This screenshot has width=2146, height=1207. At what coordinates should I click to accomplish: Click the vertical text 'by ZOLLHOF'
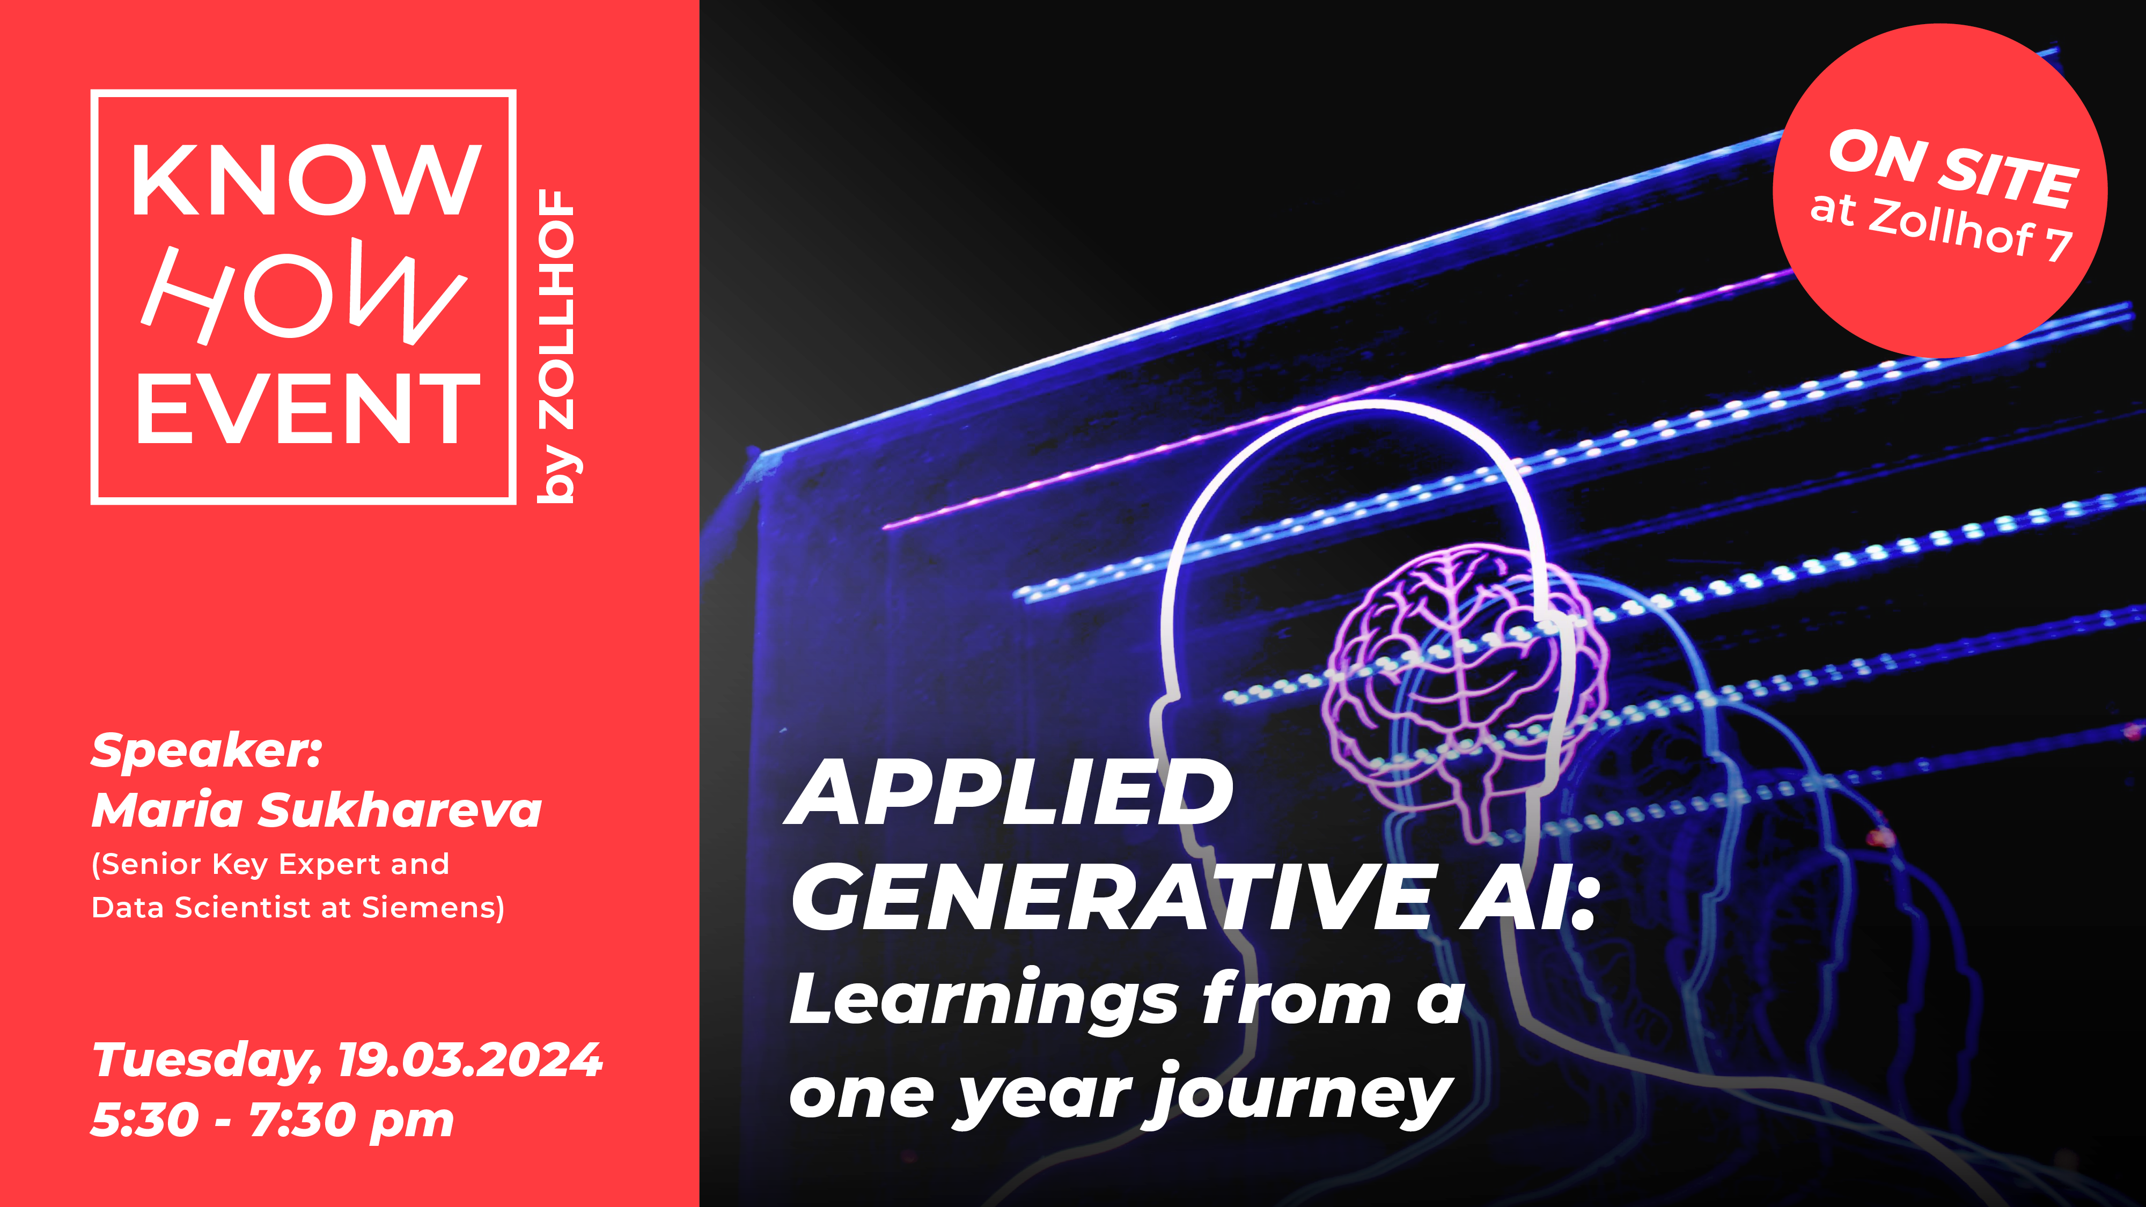click(x=556, y=345)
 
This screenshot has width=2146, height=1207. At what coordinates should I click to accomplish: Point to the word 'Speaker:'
click(x=207, y=752)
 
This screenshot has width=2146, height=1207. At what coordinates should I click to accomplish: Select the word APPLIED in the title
click(x=1010, y=792)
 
